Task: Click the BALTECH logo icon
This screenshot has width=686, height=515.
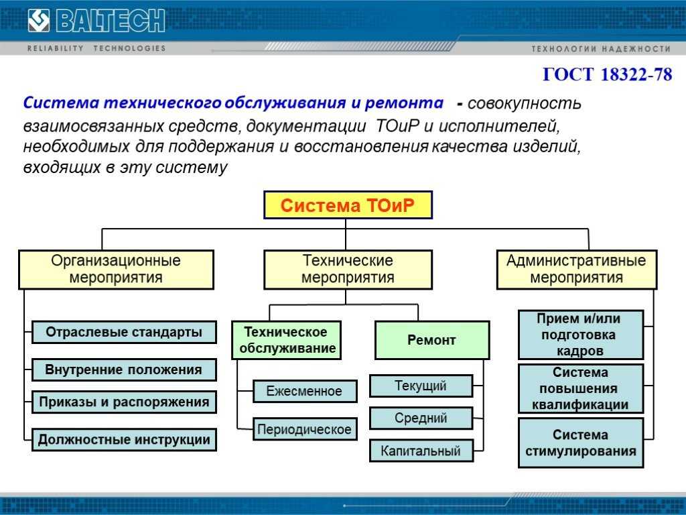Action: tap(39, 21)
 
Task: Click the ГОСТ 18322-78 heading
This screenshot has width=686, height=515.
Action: tap(607, 74)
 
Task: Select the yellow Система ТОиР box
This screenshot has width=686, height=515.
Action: tap(348, 205)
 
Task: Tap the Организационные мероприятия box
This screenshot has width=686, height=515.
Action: tap(116, 270)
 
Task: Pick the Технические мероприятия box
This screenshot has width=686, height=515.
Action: tap(348, 270)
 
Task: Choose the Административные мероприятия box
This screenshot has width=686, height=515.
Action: tap(577, 270)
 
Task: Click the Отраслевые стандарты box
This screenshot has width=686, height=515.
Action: tap(124, 332)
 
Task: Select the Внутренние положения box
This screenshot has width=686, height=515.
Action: tap(124, 369)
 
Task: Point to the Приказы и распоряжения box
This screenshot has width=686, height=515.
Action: tap(124, 402)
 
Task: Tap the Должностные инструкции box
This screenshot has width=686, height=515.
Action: tap(124, 440)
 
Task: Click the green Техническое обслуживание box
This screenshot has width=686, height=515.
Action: tap(287, 340)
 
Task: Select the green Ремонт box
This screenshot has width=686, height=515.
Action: tap(432, 340)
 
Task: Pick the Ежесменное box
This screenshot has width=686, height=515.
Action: tap(305, 391)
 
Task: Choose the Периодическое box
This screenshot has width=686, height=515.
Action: tap(305, 428)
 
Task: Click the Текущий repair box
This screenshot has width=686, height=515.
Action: tap(421, 386)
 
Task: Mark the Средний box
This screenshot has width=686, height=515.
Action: tap(421, 418)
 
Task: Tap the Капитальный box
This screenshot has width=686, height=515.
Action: tap(421, 451)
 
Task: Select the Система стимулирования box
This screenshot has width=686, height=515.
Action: tap(581, 443)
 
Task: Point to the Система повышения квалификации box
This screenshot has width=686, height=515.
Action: tap(581, 388)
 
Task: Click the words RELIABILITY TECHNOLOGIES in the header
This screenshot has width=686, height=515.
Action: tap(96, 48)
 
